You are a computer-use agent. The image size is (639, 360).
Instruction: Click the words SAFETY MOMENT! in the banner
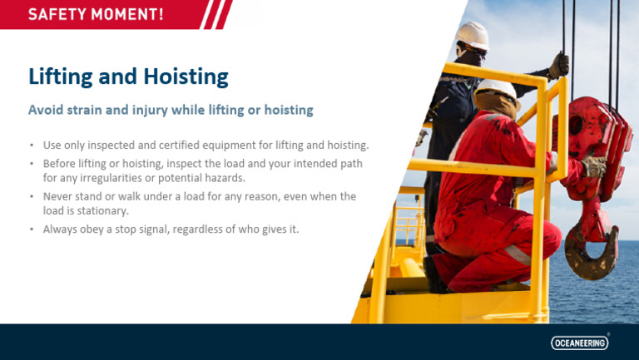point(96,14)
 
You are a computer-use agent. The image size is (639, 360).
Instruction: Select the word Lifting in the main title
point(60,76)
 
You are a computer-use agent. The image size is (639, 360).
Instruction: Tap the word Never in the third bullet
point(58,196)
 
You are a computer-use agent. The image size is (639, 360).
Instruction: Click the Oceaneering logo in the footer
point(580,343)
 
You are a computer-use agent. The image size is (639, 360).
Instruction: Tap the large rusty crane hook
point(587,249)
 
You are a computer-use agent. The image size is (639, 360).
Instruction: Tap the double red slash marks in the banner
point(218,14)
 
